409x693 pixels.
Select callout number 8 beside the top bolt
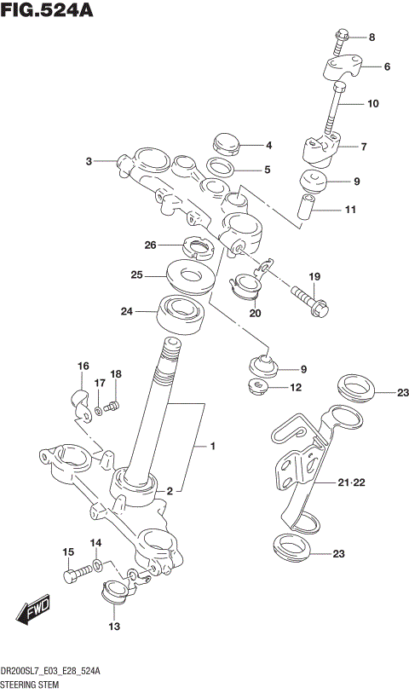click(372, 38)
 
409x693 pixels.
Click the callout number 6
click(387, 66)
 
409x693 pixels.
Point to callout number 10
click(372, 104)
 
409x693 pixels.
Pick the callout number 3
click(88, 160)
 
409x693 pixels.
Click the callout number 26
click(151, 245)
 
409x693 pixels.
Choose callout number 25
click(136, 275)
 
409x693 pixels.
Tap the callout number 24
click(127, 311)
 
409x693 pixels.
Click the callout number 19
click(314, 276)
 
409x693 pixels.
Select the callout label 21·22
click(351, 483)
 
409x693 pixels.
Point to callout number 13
click(113, 627)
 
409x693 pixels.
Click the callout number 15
click(68, 553)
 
